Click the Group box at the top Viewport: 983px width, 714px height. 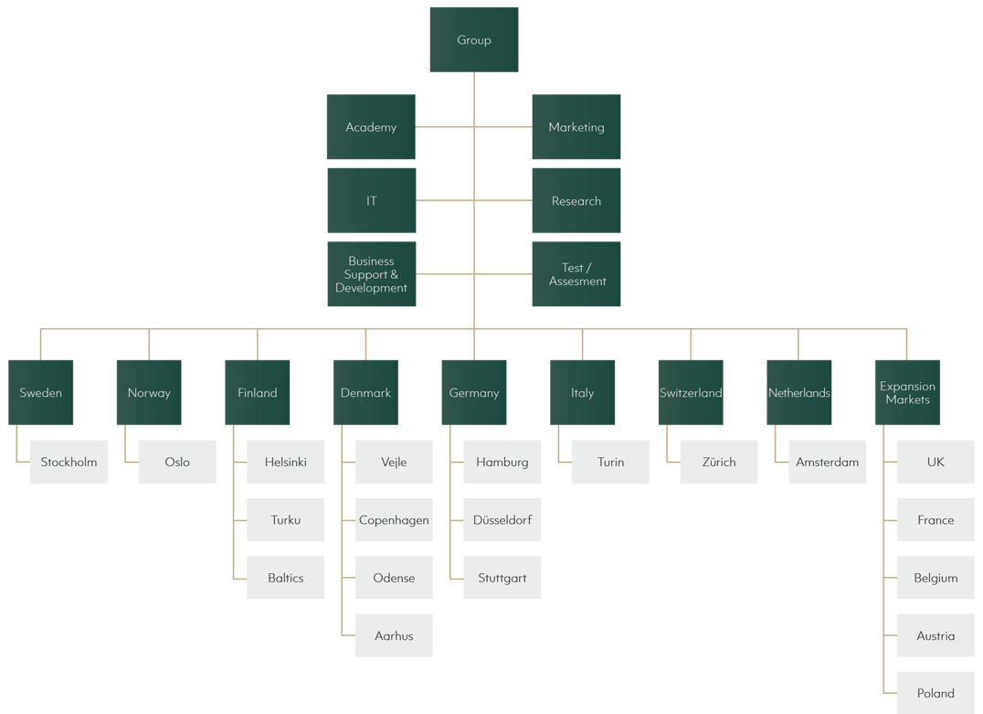pos(474,40)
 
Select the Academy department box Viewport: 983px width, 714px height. pos(371,127)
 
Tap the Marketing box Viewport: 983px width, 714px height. pos(576,127)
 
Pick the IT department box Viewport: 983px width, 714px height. pos(371,200)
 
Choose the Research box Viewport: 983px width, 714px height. pos(576,200)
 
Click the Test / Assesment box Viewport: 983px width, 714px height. pos(576,274)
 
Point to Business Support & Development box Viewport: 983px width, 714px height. pos(371,274)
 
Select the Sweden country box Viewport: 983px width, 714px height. pos(40,392)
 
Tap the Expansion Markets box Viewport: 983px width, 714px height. pos(907,392)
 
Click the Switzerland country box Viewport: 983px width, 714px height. pos(691,392)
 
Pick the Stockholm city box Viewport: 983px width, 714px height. pos(69,462)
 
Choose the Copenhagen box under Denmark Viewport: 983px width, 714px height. pos(394,520)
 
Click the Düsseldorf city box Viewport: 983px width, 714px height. pos(502,520)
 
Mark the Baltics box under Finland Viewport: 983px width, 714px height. pos(285,578)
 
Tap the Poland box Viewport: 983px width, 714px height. pos(935,693)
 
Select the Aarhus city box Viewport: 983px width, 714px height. pos(394,635)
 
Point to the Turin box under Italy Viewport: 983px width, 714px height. pos(610,462)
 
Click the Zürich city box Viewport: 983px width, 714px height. pos(719,462)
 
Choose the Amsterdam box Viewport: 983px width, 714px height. pos(827,462)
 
